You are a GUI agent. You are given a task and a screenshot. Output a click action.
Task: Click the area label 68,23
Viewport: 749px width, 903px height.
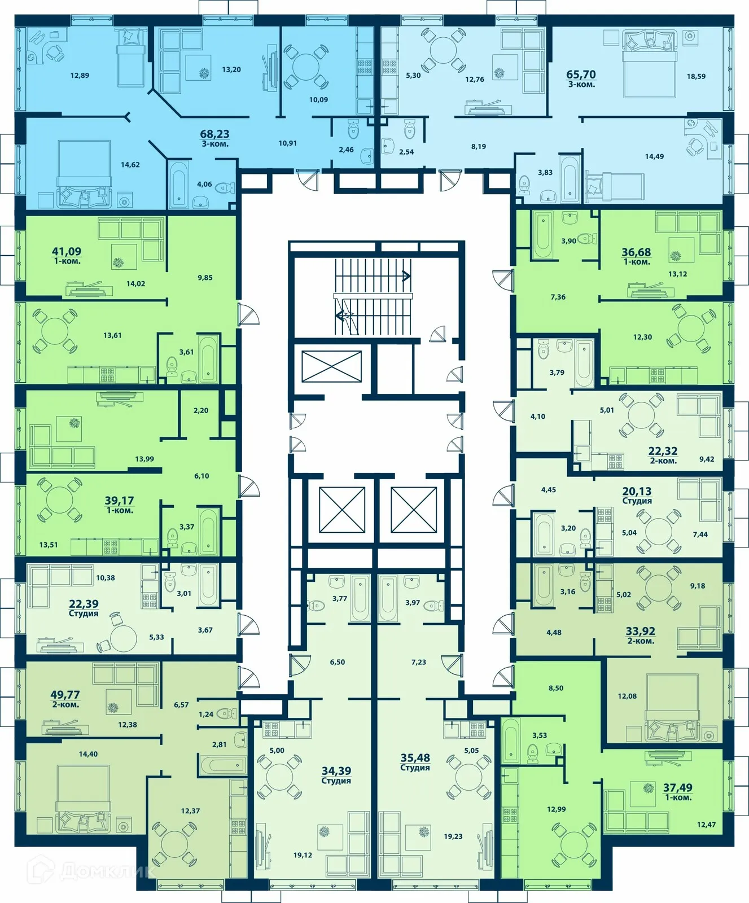point(214,134)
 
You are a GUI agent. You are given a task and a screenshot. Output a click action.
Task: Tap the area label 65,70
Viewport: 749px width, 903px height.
point(581,74)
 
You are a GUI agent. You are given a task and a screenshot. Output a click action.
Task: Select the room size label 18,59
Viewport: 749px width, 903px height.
point(696,76)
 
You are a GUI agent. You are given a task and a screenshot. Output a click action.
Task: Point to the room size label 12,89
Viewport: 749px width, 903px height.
point(80,75)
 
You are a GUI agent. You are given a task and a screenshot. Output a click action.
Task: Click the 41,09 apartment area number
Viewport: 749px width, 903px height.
point(67,251)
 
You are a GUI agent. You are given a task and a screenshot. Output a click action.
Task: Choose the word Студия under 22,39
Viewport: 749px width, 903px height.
point(84,613)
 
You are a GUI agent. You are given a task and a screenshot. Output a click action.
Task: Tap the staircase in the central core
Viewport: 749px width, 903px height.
point(373,296)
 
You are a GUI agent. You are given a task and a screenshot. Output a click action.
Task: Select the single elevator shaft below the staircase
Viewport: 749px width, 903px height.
point(331,366)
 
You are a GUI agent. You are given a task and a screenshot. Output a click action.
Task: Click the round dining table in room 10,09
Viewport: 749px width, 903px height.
point(305,64)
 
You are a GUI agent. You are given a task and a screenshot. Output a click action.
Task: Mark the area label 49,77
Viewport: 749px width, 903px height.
point(65,695)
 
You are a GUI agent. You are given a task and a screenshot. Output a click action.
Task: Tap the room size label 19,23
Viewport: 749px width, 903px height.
point(453,836)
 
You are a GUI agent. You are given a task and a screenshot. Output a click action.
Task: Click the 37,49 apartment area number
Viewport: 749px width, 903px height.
point(677,787)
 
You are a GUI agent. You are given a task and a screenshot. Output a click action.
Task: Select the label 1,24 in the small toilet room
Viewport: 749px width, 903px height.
point(206,714)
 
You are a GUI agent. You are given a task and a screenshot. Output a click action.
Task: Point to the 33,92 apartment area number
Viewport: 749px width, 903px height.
point(640,631)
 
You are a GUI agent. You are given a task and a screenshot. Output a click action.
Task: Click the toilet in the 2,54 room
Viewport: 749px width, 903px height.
point(410,130)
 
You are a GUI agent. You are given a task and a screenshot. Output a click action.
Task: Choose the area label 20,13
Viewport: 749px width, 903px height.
point(637,491)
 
